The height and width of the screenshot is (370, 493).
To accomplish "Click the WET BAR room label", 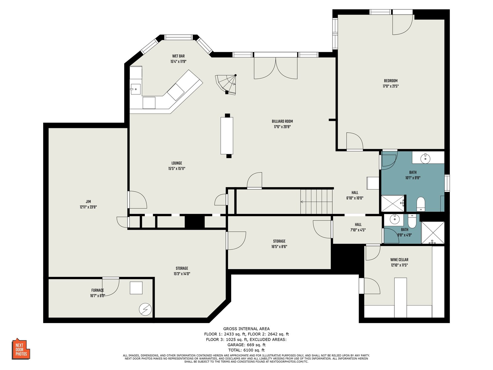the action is [178, 56].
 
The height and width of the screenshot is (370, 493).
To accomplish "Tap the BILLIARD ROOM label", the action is [282, 121].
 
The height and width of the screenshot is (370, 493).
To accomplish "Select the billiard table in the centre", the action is [227, 136].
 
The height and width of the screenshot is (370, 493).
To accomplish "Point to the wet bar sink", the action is [136, 89].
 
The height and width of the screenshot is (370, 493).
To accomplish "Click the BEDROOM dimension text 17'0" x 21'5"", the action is [391, 86].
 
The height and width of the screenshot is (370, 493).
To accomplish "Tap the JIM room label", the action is [88, 202].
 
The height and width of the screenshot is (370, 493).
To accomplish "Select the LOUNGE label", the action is [177, 163].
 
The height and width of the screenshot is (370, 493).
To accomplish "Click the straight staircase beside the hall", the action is [316, 202].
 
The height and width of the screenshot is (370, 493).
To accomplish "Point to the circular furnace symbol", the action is [145, 309].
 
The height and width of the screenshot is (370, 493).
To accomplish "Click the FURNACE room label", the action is [97, 290].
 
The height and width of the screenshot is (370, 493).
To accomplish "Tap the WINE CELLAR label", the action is [399, 260].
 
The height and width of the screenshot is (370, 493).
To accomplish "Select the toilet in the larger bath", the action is [421, 204].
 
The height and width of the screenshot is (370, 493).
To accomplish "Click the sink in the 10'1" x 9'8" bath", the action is [425, 158].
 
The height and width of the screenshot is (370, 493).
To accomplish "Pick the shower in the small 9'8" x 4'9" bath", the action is [433, 233].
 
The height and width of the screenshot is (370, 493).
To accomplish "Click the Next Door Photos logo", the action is [21, 349].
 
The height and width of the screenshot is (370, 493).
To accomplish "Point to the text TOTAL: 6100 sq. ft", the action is [246, 350].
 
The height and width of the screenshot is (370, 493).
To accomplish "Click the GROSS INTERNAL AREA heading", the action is [246, 329].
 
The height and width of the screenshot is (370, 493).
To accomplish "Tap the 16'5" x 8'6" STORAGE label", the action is [279, 244].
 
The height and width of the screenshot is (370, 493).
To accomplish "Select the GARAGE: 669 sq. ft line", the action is [246, 345].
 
